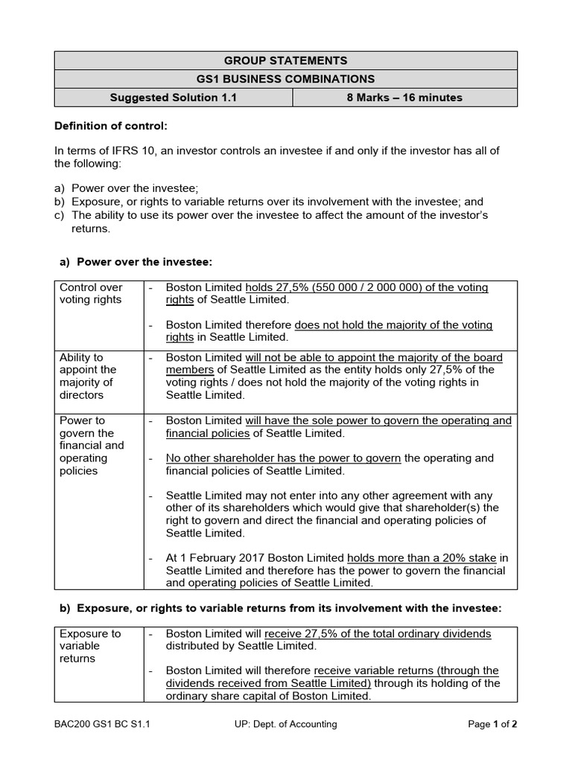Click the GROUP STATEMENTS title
click(286, 61)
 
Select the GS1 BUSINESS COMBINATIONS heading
click(286, 79)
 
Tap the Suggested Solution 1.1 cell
click(174, 97)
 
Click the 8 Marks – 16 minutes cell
click(404, 97)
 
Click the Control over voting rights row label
click(91, 293)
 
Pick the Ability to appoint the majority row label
click(88, 376)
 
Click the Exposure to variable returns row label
click(89, 646)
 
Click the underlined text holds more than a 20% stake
click(423, 557)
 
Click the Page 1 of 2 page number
click(492, 724)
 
